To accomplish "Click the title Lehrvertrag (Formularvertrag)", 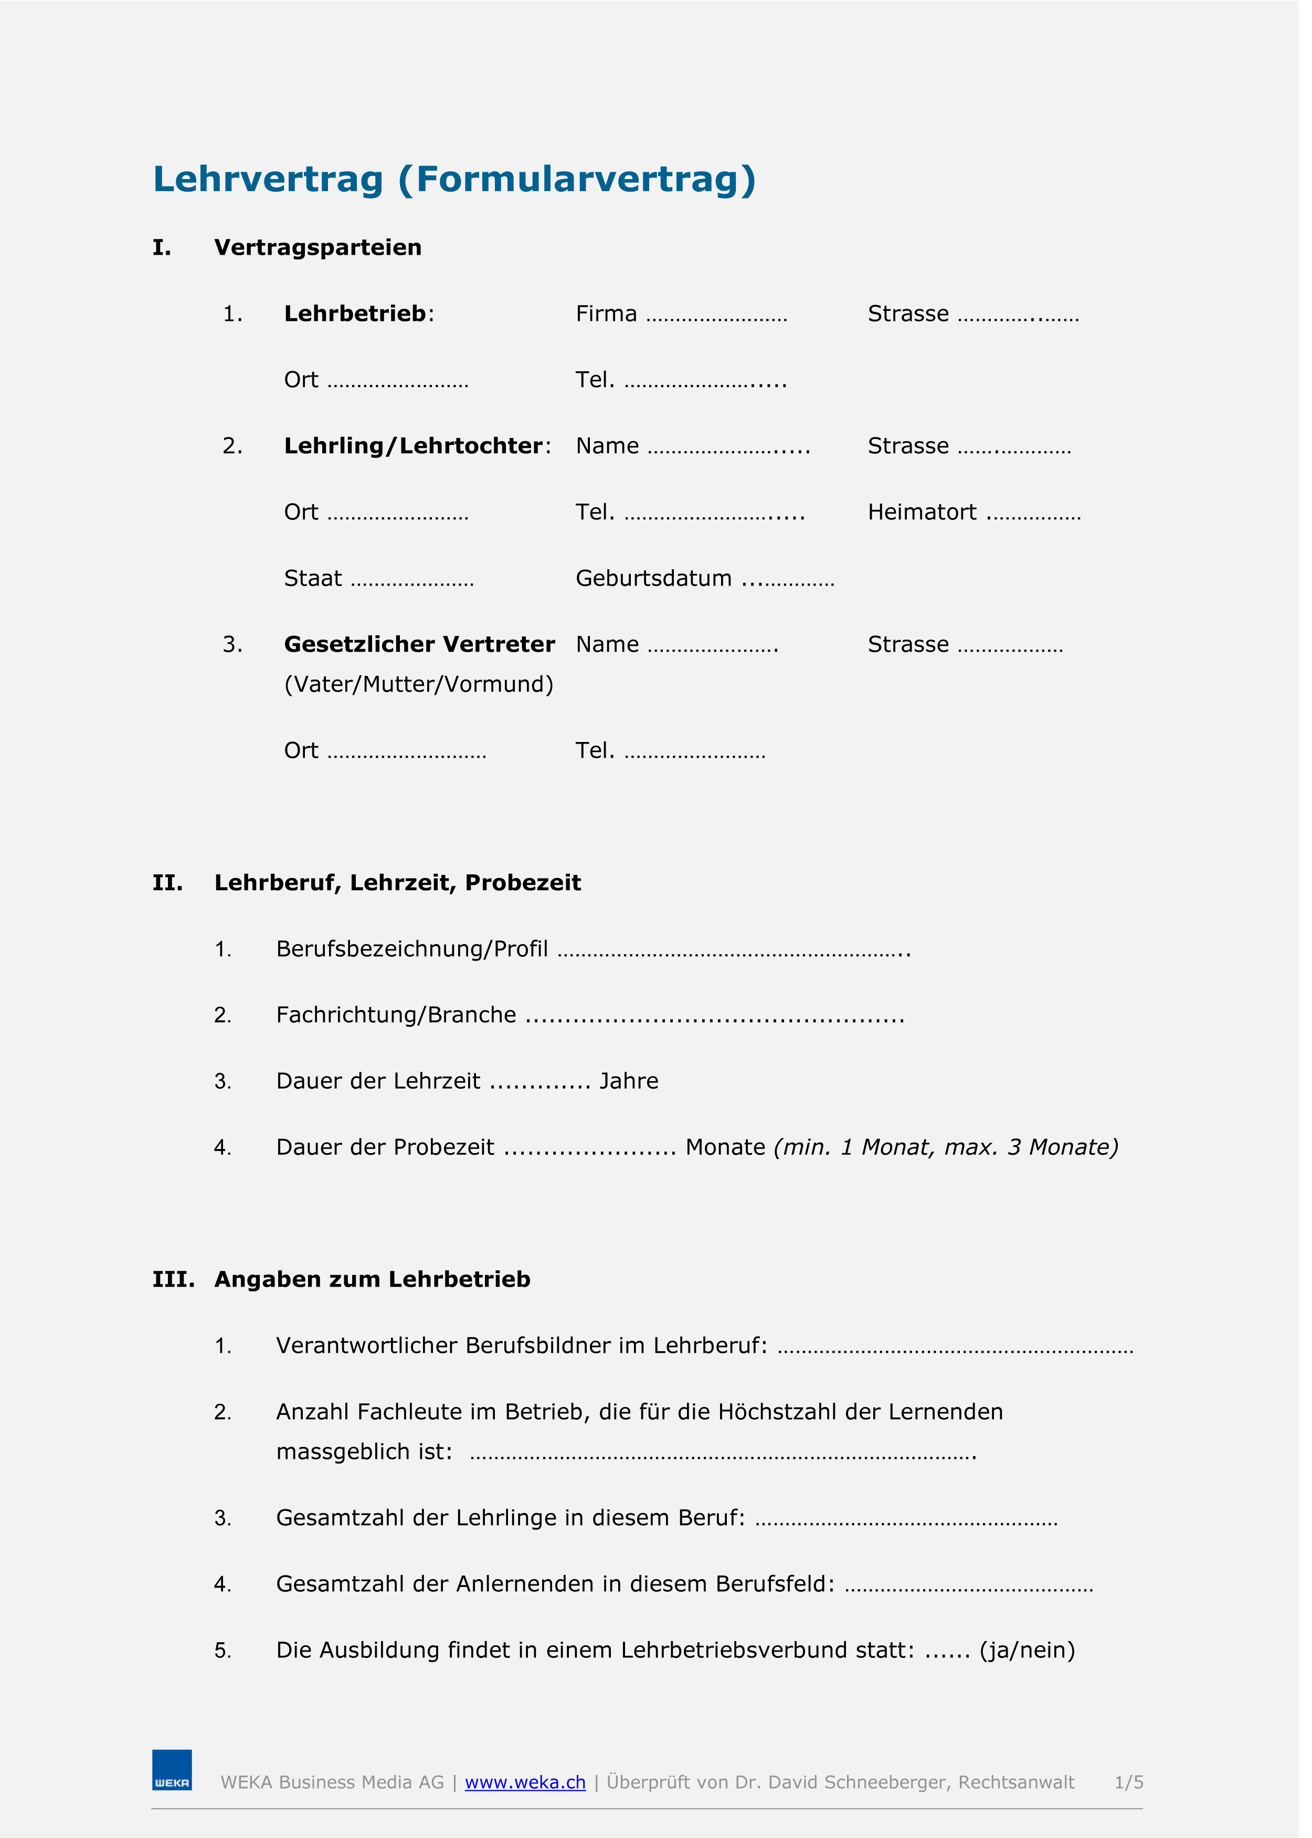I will click(x=454, y=180).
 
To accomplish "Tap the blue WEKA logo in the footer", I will click(x=172, y=1770).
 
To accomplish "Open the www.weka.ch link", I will click(x=525, y=1782).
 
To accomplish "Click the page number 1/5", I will click(x=1129, y=1782).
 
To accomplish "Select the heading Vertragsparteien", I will click(x=318, y=247).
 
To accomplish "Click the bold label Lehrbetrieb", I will click(x=355, y=314).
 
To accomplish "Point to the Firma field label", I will click(x=606, y=314).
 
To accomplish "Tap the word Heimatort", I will click(x=922, y=513).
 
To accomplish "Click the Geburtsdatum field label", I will click(x=653, y=579).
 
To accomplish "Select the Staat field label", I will click(x=313, y=579).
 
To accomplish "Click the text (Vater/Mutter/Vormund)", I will click(x=418, y=685).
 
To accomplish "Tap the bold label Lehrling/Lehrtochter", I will click(x=413, y=446).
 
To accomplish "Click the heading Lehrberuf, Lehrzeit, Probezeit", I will click(x=397, y=883).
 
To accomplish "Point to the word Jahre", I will click(x=629, y=1081).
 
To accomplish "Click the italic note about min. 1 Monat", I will click(x=945, y=1148).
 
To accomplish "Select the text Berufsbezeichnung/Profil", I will click(x=412, y=949).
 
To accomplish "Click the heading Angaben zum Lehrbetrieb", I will click(x=373, y=1279).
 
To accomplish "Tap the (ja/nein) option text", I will click(x=1027, y=1651).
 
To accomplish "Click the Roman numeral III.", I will click(x=173, y=1279).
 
